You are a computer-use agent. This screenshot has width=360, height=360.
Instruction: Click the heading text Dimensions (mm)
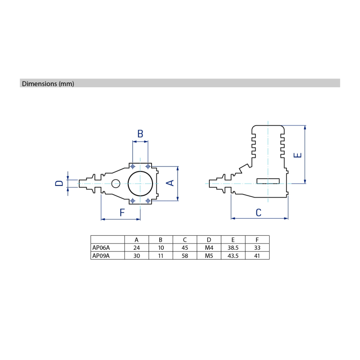pos(48,84)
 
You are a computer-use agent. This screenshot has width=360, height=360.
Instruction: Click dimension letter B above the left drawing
pos(140,134)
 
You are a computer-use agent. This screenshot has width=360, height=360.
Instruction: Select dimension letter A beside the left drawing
pos(170,183)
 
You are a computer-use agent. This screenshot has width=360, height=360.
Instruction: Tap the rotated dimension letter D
pos(59,183)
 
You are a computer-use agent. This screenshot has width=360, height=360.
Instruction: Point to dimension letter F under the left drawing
pos(122,212)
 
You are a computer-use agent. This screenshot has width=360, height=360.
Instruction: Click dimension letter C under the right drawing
pos(258,212)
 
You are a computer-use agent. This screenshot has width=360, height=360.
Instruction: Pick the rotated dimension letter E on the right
pos(297,155)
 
